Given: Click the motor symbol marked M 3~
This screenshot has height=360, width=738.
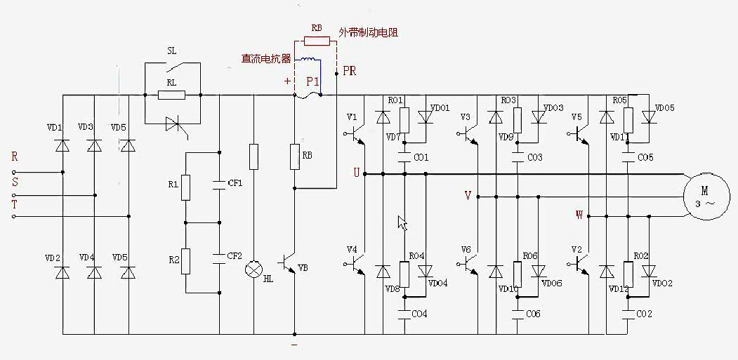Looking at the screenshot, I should [705, 195].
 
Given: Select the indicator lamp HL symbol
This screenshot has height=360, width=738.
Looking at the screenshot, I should [253, 269].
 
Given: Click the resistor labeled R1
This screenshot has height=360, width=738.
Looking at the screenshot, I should [186, 187].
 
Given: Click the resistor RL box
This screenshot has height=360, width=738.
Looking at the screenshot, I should [171, 95].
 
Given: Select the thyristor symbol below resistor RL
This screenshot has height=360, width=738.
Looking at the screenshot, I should [173, 124].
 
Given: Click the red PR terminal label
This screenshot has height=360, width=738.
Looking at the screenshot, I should [349, 72].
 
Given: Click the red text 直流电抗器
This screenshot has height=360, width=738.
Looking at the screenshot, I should [266, 59].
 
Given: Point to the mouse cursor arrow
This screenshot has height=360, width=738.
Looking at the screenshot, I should [402, 222].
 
